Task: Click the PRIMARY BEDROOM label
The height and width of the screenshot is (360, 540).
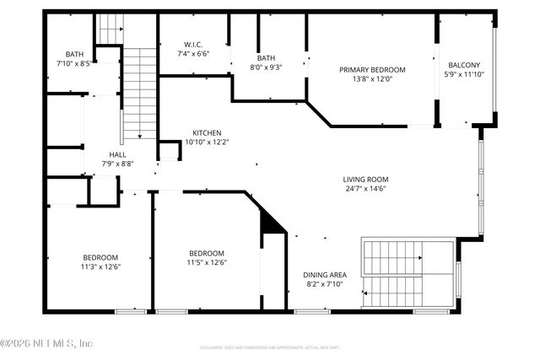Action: (373, 70)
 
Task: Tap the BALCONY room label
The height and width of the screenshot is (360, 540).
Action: (464, 65)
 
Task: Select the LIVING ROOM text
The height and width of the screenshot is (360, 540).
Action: (364, 179)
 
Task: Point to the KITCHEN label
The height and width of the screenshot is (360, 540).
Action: (207, 132)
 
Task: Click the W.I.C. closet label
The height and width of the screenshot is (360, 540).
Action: (194, 45)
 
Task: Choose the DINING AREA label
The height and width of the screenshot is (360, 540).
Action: (325, 275)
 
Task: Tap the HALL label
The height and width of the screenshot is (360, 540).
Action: (116, 154)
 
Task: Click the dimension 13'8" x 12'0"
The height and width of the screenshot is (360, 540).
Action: (373, 80)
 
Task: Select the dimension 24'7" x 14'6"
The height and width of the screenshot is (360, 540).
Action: (364, 189)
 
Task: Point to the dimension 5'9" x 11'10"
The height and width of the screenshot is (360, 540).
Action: (464, 74)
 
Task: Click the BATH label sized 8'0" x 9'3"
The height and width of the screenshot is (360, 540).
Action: (266, 58)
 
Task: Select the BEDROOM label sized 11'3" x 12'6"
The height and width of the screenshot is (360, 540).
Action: (100, 257)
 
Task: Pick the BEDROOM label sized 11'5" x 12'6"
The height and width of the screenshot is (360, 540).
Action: (206, 253)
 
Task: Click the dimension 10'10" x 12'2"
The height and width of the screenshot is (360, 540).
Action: (207, 142)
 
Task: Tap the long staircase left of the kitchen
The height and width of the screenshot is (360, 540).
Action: (141, 93)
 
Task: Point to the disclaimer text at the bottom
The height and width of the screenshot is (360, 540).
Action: (270, 347)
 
